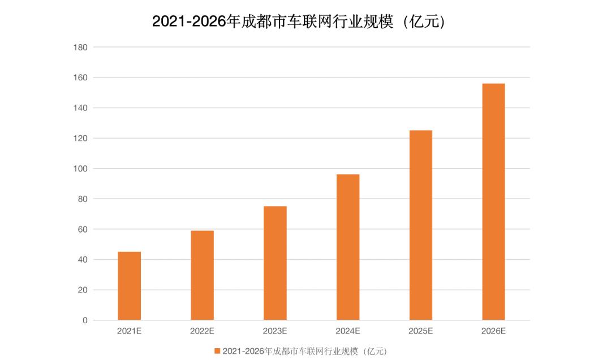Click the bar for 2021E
(x=129, y=286)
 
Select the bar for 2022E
(x=202, y=275)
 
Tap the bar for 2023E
(x=275, y=263)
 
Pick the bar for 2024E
(x=348, y=247)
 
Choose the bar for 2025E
(x=421, y=225)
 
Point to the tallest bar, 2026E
(x=493, y=202)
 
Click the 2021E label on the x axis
(x=129, y=331)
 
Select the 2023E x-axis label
(x=275, y=331)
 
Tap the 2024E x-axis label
(x=348, y=331)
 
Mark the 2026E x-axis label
(x=493, y=331)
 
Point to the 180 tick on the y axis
(x=80, y=47)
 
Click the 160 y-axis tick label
(x=80, y=78)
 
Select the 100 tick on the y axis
(x=80, y=169)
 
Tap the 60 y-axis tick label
(x=83, y=229)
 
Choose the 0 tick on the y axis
(x=85, y=320)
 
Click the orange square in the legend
(x=217, y=352)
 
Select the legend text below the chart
(x=305, y=352)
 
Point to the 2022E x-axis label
(x=202, y=331)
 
